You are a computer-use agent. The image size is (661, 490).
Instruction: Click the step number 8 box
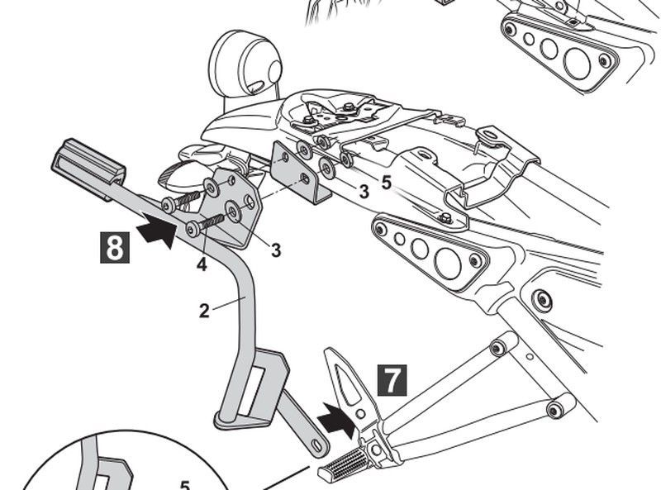114,247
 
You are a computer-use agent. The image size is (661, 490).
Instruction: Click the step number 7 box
391,379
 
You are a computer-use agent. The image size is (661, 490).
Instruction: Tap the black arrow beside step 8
158,231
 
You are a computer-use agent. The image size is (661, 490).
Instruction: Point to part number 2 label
204,311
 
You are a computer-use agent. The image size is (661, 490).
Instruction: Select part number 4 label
202,265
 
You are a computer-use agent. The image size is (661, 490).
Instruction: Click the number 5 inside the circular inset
185,483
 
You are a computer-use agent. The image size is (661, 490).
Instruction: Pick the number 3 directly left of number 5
363,193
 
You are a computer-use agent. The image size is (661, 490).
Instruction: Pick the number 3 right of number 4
275,250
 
